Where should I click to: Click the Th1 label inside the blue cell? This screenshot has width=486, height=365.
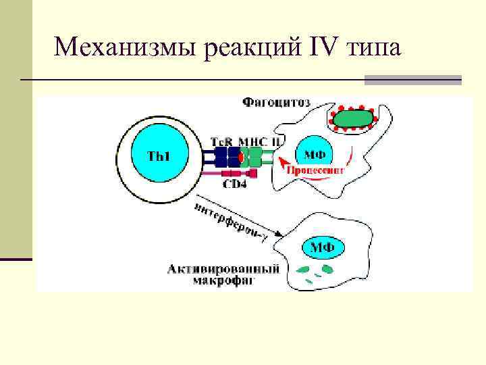pyautogui.click(x=159, y=157)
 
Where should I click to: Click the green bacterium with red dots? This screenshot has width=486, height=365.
pyautogui.click(x=352, y=119)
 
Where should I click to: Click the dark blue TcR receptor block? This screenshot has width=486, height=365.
pyautogui.click(x=227, y=157)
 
